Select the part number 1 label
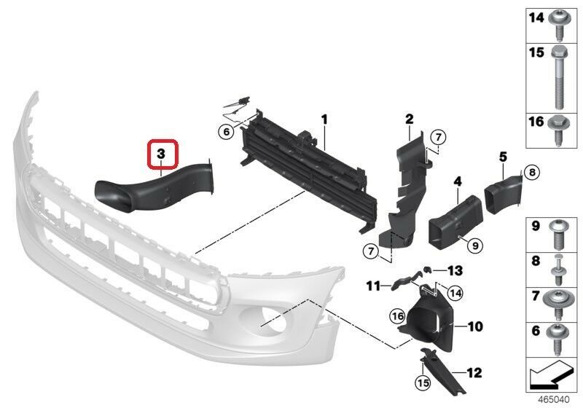point(324,119)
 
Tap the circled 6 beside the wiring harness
point(227,132)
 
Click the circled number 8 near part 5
point(532,172)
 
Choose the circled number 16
point(397,316)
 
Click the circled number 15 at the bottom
point(423,382)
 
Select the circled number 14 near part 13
point(455,294)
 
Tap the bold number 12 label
point(474,373)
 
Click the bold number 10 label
point(475,326)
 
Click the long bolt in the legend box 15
point(558,77)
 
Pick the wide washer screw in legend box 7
point(558,305)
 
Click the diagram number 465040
point(554,400)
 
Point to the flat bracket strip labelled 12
point(442,372)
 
